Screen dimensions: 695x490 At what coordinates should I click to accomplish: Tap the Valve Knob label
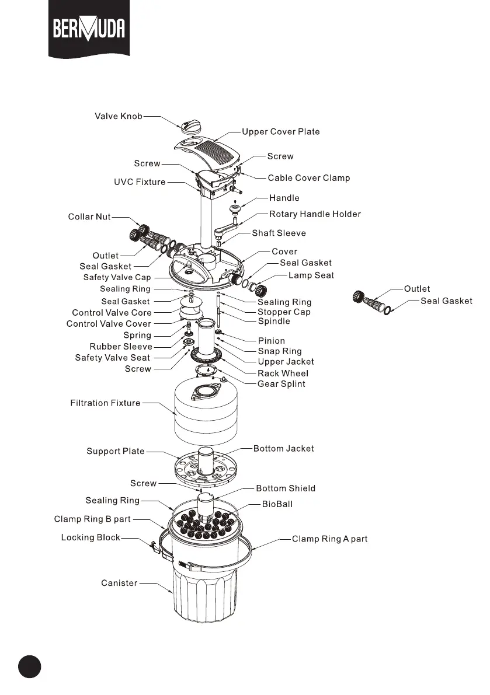119,116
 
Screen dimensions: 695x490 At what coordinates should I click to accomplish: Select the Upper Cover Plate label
281,132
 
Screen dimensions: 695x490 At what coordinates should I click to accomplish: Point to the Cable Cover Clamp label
308,178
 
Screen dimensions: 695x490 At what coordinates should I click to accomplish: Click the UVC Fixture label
140,182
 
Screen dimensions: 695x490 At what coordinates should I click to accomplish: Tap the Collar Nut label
89,217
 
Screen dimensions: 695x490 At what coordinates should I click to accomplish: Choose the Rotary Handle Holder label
315,214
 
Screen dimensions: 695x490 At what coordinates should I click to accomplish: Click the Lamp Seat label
311,275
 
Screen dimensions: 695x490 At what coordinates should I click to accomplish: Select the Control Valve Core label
112,313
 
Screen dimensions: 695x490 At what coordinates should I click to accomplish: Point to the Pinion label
272,341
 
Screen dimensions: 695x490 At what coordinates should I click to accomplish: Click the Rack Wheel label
283,373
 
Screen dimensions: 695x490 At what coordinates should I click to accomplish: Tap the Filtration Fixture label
105,403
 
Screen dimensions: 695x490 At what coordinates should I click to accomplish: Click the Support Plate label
116,451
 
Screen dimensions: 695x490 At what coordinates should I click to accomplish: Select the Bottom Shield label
286,488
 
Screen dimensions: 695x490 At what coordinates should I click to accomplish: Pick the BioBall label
276,504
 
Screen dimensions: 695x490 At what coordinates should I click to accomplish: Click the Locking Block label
91,537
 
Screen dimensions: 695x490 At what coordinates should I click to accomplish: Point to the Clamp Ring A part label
329,539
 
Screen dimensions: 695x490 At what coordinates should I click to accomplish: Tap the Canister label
119,582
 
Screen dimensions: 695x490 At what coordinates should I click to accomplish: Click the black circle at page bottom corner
29,666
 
